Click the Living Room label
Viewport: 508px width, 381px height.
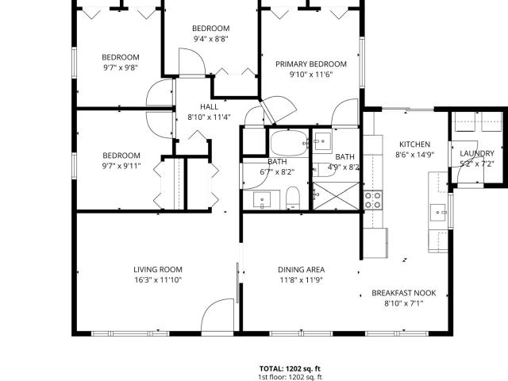pos(158,270)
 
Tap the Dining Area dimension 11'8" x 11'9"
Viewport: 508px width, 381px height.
pos(302,280)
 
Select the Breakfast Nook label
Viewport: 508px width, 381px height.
pos(404,293)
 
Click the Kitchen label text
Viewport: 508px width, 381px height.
pos(414,144)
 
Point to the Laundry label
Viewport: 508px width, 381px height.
pos(477,153)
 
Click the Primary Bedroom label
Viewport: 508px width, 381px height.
pos(311,64)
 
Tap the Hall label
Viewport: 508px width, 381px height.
pos(209,107)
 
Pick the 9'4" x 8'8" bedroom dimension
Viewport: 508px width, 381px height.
pos(211,39)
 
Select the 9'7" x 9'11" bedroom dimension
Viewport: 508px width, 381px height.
pos(121,166)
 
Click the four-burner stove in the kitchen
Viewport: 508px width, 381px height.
pos(372,200)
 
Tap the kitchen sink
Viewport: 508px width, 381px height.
pos(438,213)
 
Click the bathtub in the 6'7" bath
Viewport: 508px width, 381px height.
pos(289,143)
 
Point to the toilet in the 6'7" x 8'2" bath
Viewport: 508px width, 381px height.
pos(293,198)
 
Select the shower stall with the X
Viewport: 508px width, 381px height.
pos(337,196)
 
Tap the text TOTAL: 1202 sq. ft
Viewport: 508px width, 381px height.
pos(290,368)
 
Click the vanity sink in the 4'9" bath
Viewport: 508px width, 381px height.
pos(323,141)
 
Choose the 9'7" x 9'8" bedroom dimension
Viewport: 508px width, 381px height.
pos(121,68)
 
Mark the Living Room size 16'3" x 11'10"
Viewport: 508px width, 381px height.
pos(158,280)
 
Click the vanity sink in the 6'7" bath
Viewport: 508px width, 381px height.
pos(262,200)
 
